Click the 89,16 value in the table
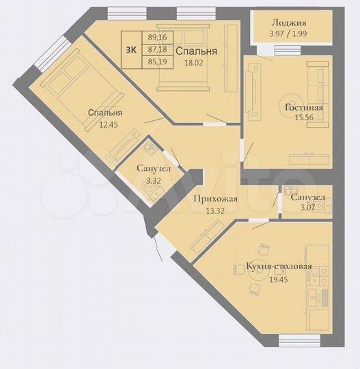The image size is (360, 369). pos(157,38)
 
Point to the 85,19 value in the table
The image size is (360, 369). pos(157,62)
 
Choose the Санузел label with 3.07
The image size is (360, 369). pos(307,198)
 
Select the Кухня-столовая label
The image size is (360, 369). pos(279,266)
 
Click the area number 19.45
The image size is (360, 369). pos(279,278)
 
